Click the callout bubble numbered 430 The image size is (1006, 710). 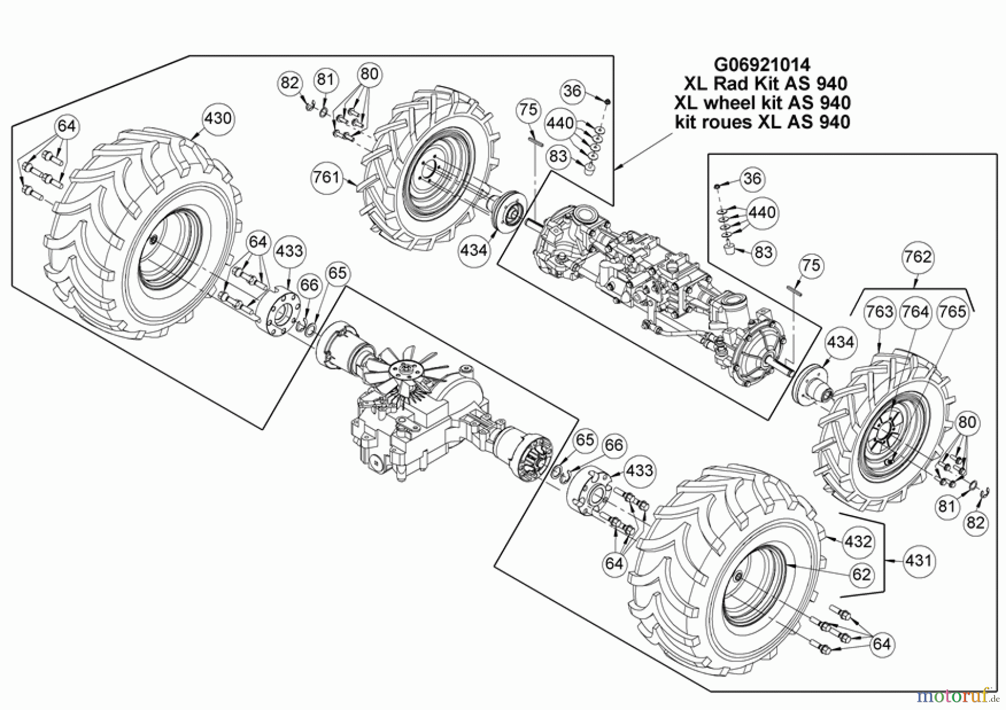[x=217, y=118]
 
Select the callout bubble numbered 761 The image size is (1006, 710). [x=326, y=178]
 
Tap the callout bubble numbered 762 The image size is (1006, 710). [x=918, y=257]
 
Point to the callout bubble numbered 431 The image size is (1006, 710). [x=918, y=560]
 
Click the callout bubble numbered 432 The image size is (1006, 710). [x=858, y=541]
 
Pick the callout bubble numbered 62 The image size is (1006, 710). [x=861, y=574]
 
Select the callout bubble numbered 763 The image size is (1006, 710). [x=880, y=312]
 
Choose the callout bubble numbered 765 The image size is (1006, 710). [x=952, y=312]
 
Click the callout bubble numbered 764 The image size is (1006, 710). [x=915, y=312]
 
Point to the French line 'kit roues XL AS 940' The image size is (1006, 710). [x=762, y=122]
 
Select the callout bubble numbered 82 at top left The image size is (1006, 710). [x=290, y=83]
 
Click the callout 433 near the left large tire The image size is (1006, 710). [x=289, y=251]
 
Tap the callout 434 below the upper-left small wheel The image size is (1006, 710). [x=474, y=250]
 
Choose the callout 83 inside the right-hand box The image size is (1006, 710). [x=763, y=252]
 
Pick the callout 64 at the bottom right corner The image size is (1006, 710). [x=881, y=644]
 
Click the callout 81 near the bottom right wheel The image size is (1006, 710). [x=947, y=507]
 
